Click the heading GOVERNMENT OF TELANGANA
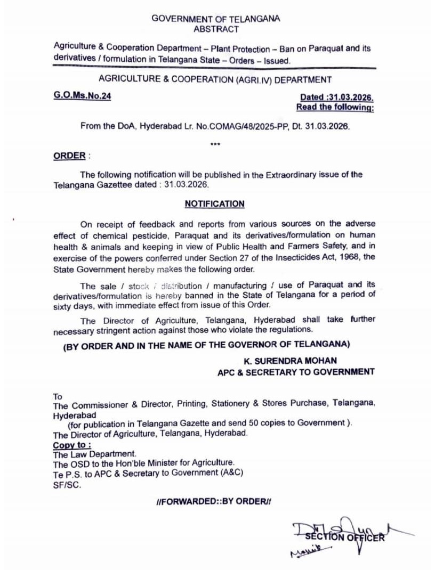click(x=216, y=18)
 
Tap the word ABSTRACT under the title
click(x=216, y=29)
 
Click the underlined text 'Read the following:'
click(x=335, y=108)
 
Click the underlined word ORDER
click(x=69, y=156)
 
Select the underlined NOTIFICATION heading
click(x=214, y=204)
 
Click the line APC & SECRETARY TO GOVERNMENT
click(x=296, y=372)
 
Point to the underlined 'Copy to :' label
click(x=71, y=445)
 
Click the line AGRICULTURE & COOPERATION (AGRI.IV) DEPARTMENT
click(x=215, y=80)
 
